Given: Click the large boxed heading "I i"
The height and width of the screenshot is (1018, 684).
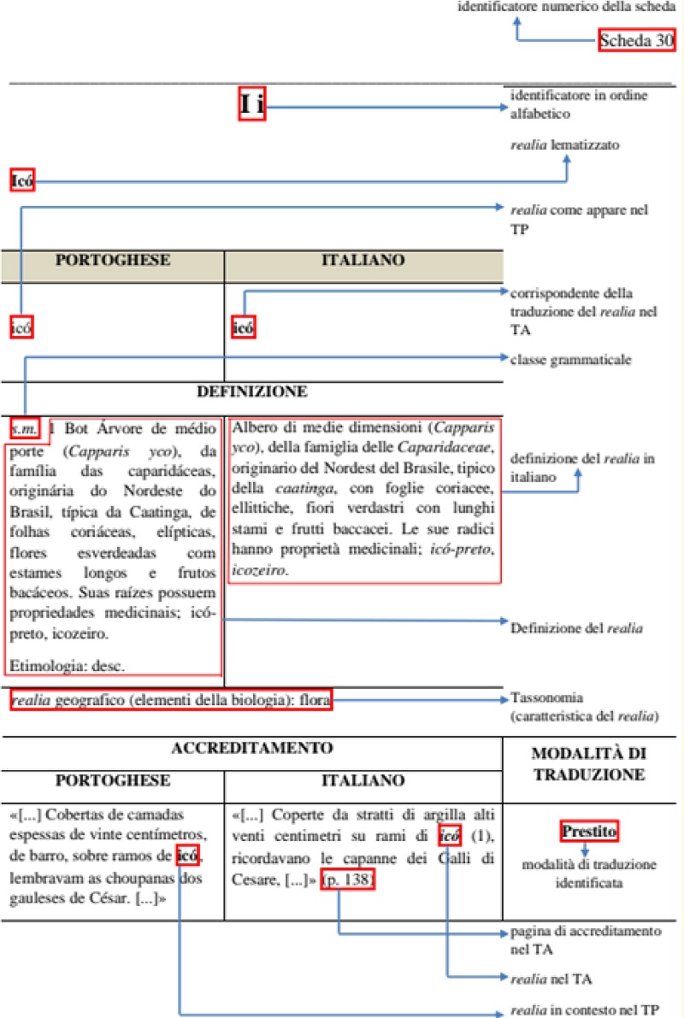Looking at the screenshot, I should pos(251,106).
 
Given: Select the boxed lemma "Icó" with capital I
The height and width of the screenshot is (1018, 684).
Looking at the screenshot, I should pos(21,180).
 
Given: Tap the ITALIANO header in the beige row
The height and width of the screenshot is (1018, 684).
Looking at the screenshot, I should pos(363,260).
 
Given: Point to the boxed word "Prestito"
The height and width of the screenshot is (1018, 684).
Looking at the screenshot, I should pos(589,830).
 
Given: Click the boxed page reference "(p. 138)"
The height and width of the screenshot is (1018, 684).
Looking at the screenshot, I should pos(347,880).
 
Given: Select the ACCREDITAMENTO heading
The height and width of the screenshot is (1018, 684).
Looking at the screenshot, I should pos(251,748).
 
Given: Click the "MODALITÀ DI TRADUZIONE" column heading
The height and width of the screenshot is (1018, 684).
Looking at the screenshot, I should pos(588,765).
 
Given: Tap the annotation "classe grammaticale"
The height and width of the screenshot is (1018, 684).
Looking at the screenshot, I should pos(570,360).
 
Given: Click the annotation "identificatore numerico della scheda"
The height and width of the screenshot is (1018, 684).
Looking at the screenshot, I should pos(572,8).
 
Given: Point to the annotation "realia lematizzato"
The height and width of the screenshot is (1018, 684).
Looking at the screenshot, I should pos(564,144).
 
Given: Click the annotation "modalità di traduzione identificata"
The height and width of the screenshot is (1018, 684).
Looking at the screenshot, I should pos(589,874).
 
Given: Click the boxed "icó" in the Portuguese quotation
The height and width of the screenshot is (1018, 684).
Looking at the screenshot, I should pos(188,853).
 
